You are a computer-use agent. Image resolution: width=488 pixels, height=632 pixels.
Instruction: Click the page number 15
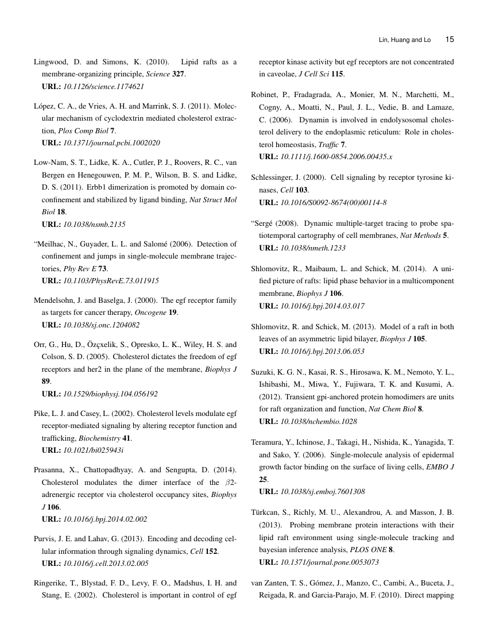[x=450, y=40]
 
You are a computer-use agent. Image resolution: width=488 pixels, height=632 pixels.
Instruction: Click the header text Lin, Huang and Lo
[x=405, y=40]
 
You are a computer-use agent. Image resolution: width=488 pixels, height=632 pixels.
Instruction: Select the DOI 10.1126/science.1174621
[x=103, y=87]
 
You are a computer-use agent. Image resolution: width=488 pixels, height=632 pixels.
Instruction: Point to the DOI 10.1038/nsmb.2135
[x=94, y=224]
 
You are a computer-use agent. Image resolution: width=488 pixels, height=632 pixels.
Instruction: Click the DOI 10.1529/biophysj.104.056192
[x=110, y=394]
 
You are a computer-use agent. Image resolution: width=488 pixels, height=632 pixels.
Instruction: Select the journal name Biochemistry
[x=98, y=438]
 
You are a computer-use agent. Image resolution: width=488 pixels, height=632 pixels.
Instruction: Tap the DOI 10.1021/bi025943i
[x=93, y=450]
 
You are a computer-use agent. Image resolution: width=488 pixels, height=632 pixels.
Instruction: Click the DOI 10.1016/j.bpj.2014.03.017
[x=322, y=306]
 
